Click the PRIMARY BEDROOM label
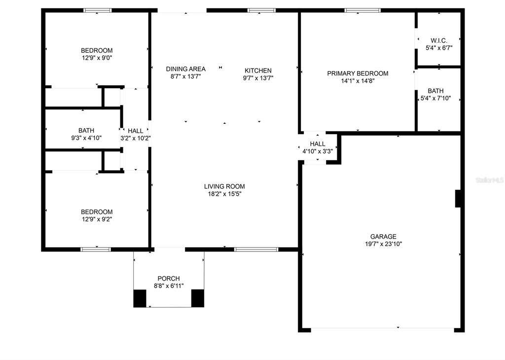click(358, 73)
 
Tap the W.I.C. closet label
click(438, 40)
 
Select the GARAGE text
click(383, 236)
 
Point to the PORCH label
click(169, 279)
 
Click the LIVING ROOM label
click(224, 186)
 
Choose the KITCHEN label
click(258, 71)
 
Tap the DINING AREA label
click(186, 69)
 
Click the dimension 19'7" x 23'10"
click(383, 244)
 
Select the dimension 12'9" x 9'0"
click(97, 58)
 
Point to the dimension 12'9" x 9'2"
click(97, 219)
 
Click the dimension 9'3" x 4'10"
click(86, 138)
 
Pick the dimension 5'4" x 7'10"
click(436, 99)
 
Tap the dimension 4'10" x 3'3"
click(318, 151)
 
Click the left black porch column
click(140, 298)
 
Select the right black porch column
click(198, 298)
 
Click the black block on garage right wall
click(458, 199)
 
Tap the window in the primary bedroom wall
click(362, 11)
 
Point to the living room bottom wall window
click(256, 249)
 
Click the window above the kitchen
click(261, 11)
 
